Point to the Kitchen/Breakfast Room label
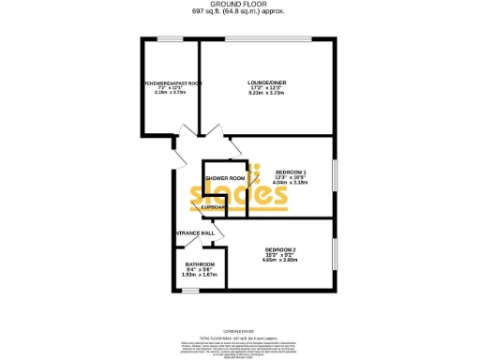point(170,82)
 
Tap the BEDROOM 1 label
point(291,172)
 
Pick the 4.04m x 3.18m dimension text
point(291,183)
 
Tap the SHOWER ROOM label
point(225,178)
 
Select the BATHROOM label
point(200,263)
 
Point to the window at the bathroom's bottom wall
point(199,290)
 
